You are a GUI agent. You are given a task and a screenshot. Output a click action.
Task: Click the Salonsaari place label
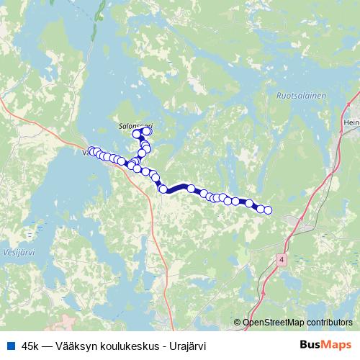[x=136, y=124]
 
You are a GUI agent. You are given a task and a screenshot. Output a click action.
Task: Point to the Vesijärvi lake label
[x=13, y=253]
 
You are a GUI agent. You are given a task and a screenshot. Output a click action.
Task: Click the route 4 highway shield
[x=281, y=258]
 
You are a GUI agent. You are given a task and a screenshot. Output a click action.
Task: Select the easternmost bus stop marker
[x=268, y=210]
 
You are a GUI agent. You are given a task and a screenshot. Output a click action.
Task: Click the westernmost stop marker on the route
[x=91, y=151]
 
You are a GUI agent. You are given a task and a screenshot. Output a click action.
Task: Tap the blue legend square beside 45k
[x=9, y=344]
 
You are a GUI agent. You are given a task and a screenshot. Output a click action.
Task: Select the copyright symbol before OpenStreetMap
[x=238, y=322]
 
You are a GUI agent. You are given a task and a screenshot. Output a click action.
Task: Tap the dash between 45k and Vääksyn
[x=47, y=344]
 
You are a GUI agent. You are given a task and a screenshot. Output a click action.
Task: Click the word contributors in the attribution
[x=330, y=322]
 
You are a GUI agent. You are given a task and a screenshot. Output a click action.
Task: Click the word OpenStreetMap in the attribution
[x=274, y=322]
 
